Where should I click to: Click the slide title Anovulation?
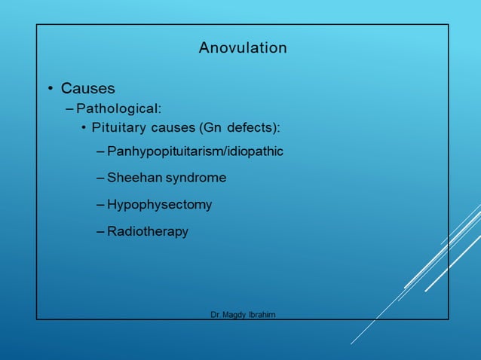coord(243,48)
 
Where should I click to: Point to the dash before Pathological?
coord(70,108)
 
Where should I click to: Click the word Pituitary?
coord(115,127)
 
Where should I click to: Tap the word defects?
coord(254,127)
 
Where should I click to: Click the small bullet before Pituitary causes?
coord(84,127)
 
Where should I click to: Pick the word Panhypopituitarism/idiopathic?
coord(195,151)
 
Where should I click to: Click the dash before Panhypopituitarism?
coord(101,151)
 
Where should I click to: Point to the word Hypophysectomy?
coord(159,205)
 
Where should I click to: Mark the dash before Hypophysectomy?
coord(101,205)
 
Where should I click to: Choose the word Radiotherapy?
coord(148,231)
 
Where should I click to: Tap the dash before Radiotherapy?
coord(101,231)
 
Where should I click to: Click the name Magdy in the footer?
coord(236,313)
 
